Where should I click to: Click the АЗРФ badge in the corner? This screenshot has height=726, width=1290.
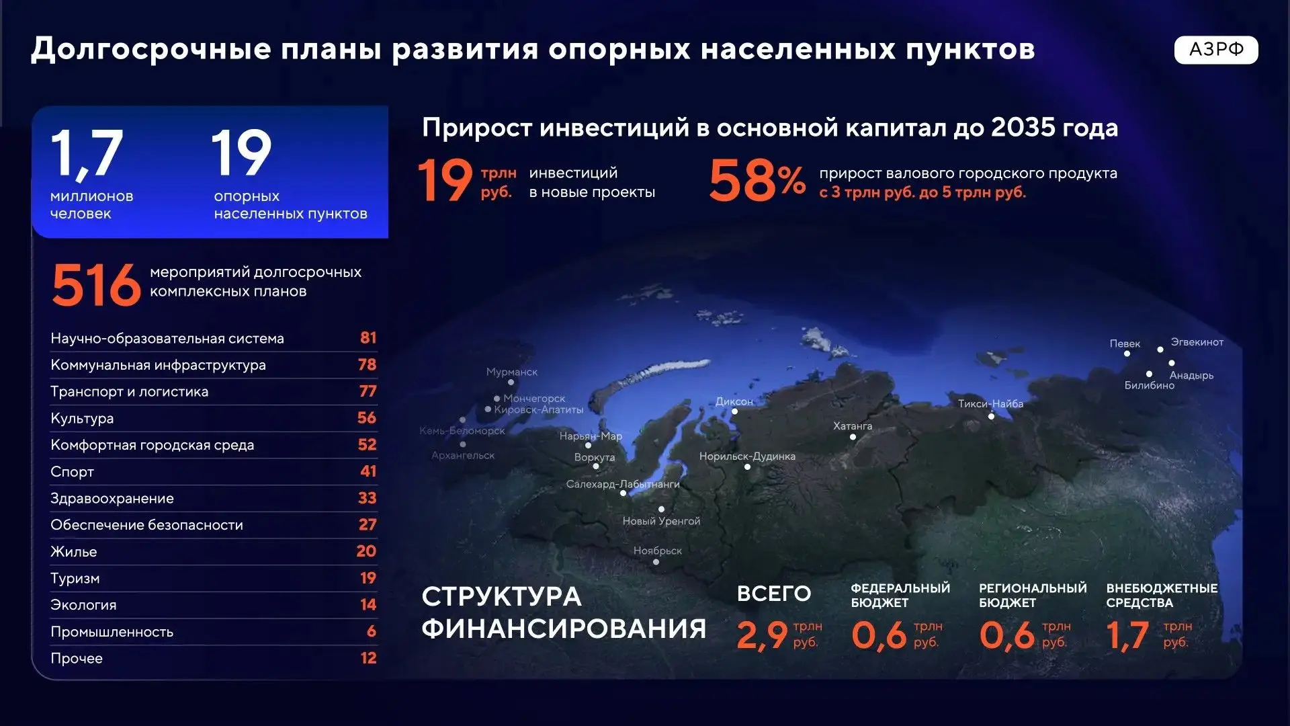coord(1215,50)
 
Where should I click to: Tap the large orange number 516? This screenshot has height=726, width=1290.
coord(96,285)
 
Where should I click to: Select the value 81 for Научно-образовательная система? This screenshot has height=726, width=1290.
coord(368,337)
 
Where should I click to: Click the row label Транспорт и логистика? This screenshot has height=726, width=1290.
coord(129,391)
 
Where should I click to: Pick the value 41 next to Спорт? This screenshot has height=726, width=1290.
coord(368,471)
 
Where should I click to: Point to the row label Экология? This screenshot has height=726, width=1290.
coord(83,605)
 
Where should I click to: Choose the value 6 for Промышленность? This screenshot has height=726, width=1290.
coord(372,631)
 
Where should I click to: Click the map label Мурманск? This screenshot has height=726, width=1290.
coord(512,372)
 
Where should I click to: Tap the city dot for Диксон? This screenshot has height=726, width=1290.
coord(734,411)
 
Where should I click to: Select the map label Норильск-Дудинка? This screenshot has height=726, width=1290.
coord(747,456)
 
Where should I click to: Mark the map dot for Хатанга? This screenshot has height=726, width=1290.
coord(853,437)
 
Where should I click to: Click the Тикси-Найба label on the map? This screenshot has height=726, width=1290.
coord(990,403)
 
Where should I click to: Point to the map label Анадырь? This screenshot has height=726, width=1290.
coord(1191,375)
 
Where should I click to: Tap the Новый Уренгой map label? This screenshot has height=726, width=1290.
coord(661,521)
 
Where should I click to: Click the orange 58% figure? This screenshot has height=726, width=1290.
coord(757,180)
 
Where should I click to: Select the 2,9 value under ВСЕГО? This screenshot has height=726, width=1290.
coord(762,635)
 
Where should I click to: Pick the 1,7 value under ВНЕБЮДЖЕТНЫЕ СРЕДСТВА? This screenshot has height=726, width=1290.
coord(1127,635)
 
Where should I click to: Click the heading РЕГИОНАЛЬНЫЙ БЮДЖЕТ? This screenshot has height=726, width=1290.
coord(1033,595)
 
